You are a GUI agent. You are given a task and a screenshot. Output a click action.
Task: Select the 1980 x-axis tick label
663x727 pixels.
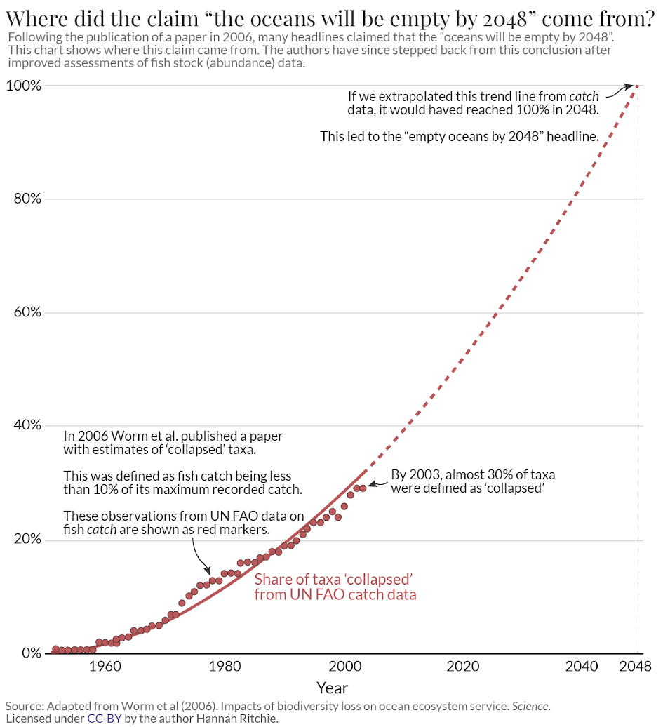[225, 667]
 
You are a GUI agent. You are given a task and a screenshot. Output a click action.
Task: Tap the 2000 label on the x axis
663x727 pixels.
[344, 667]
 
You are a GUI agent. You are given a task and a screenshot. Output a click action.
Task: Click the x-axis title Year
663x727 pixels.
[332, 688]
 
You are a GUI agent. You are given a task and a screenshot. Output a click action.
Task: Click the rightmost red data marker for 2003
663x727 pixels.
[363, 488]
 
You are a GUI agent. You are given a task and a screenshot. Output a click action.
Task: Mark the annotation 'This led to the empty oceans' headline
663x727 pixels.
[459, 136]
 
